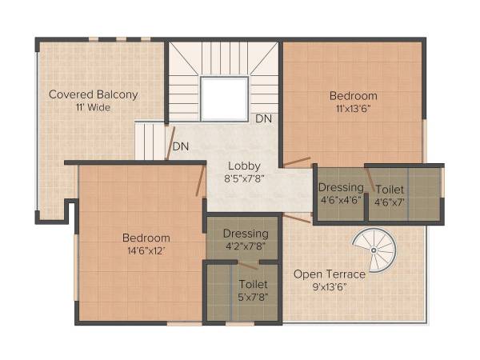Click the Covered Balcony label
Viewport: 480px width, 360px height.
pos(94,94)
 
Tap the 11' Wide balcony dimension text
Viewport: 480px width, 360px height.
pos(94,106)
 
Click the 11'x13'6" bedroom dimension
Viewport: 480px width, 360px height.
pos(353,110)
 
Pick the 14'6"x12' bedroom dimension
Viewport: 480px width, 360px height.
pos(146,251)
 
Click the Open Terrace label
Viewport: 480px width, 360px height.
pos(329,274)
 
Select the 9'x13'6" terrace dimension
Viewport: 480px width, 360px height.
pos(329,287)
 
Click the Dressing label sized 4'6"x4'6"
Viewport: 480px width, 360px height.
pos(341,188)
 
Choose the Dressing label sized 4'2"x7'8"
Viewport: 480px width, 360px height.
pos(246,234)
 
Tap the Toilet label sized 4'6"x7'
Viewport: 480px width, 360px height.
pos(390,189)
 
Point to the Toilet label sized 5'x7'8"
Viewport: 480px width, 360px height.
pos(253,284)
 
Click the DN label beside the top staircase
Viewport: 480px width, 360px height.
pos(263,118)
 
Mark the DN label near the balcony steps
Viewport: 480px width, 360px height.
pos(181,147)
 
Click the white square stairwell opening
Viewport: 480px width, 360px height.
pos(223,98)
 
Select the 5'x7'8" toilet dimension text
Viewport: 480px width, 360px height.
pos(253,298)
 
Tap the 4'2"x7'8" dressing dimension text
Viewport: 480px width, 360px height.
pos(246,247)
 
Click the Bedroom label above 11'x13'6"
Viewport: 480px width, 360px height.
pos(353,96)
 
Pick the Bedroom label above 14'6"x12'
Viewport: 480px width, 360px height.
pos(146,238)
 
